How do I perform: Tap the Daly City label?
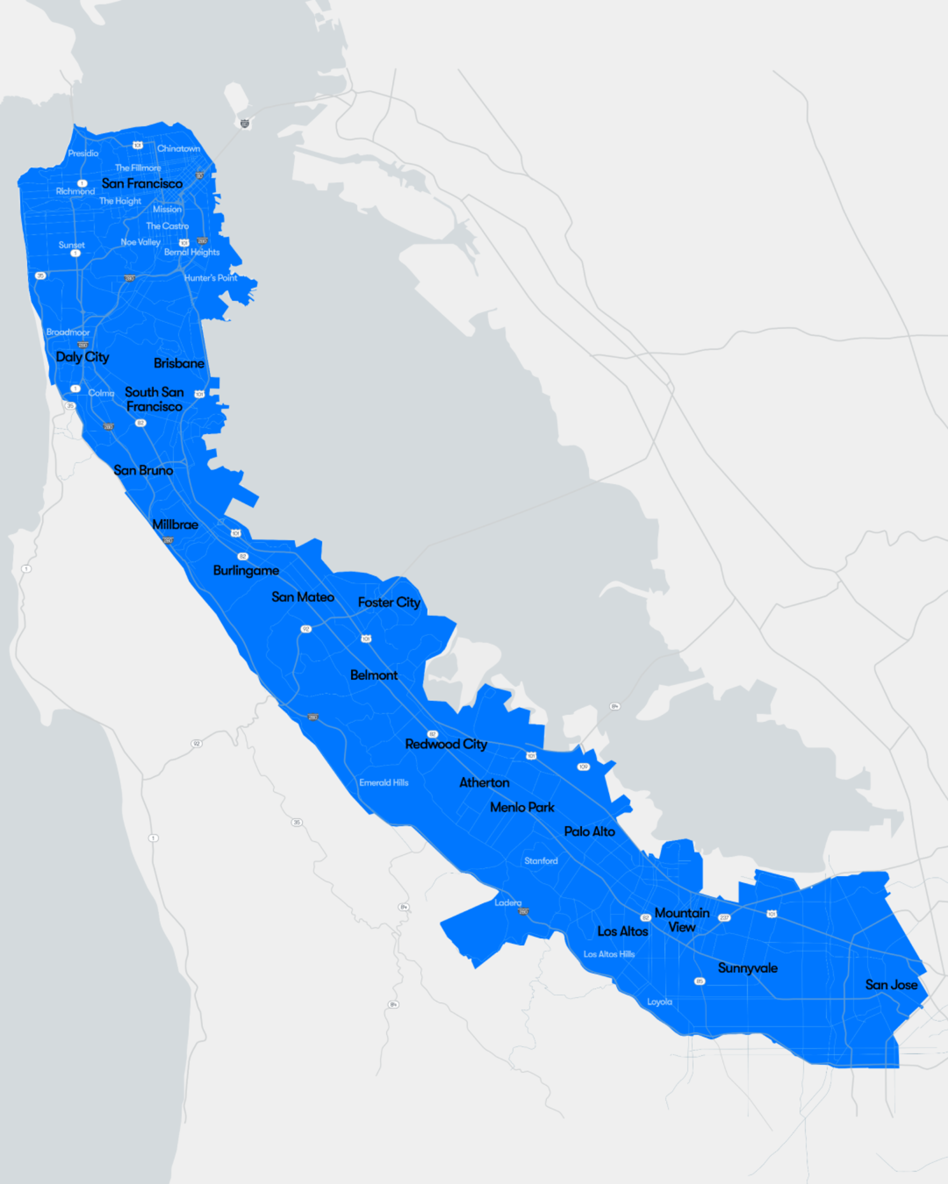82,357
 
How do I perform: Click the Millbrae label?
175,524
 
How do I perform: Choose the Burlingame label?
246,571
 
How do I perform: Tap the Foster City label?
389,602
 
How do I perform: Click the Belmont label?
374,675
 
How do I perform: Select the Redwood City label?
446,744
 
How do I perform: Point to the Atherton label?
484,783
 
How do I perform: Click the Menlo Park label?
522,807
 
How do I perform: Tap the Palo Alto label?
589,832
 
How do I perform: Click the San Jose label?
891,985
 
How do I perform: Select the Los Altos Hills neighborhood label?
609,954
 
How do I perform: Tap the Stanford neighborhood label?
541,861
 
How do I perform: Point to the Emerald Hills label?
384,783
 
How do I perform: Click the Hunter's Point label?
211,278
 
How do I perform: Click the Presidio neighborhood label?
83,153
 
